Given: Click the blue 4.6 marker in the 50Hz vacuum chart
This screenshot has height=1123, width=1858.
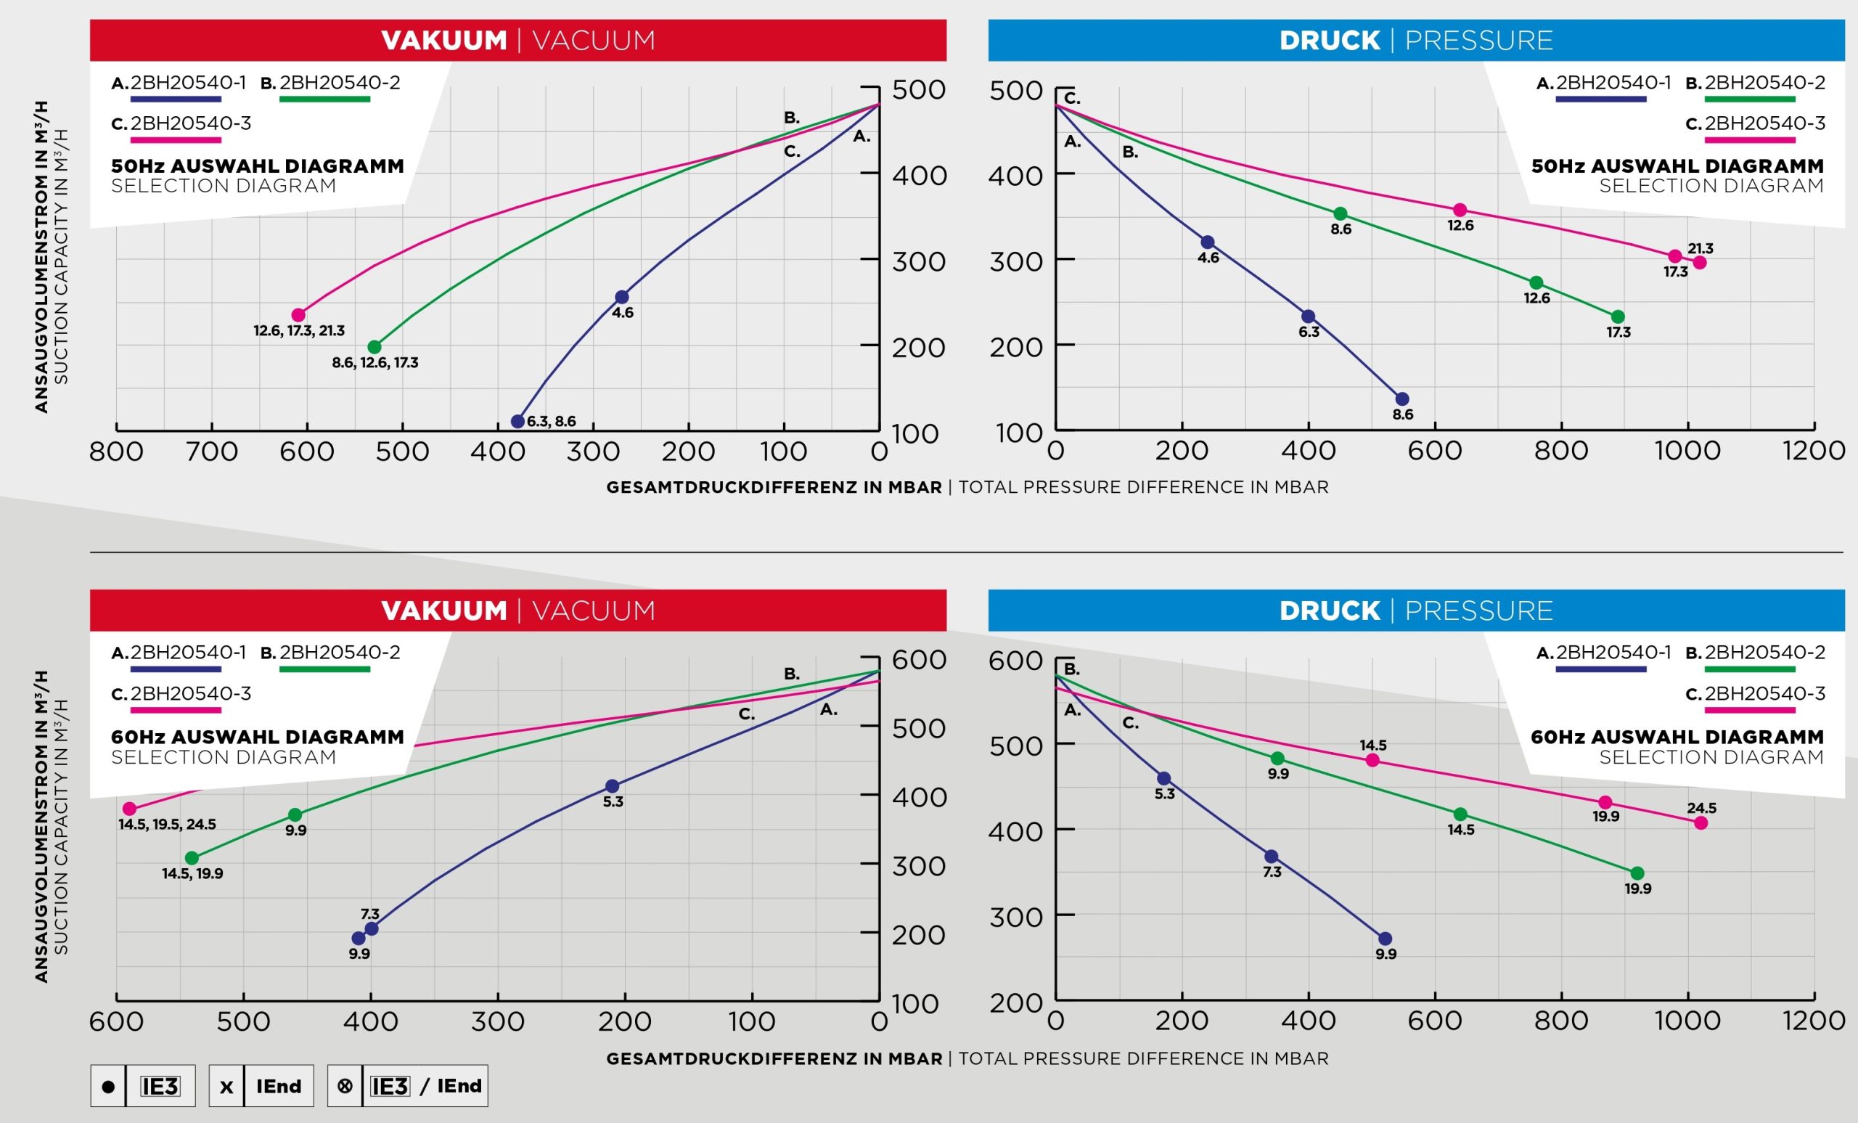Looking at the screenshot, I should [x=621, y=297].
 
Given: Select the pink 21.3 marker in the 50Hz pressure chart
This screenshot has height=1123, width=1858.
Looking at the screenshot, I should [x=1699, y=263].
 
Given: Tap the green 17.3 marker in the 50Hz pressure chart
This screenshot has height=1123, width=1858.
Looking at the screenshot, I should [x=1618, y=317].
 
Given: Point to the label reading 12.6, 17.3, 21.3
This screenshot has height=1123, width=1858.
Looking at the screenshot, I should [x=298, y=330].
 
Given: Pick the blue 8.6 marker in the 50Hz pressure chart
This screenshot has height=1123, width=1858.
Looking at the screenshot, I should [x=1401, y=399].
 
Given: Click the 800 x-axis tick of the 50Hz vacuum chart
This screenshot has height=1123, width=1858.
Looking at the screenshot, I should [x=116, y=452].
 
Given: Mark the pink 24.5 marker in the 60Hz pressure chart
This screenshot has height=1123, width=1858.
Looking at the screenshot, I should [x=1701, y=822].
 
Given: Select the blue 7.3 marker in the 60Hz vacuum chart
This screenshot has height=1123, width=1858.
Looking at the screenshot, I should [x=371, y=928].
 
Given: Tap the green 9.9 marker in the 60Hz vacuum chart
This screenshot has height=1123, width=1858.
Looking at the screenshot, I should [x=295, y=814].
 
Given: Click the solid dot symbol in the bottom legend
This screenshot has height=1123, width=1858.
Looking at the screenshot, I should [x=108, y=1087].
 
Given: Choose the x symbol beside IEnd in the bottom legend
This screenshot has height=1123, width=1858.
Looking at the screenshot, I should [x=226, y=1087].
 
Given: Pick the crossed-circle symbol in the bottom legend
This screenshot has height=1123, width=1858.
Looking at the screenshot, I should [x=345, y=1086].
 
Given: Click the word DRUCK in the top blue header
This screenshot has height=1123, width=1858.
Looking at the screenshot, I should [x=1330, y=40].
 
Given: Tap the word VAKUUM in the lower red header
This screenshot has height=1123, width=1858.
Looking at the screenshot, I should [x=443, y=610].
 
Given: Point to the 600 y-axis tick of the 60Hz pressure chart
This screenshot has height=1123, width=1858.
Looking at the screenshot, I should [x=1015, y=661].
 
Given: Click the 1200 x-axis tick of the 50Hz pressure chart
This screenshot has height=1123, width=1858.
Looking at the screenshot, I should [x=1814, y=451].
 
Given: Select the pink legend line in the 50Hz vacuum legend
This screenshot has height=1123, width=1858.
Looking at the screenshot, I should [x=175, y=140].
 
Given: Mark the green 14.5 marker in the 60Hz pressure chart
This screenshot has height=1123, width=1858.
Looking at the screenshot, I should [x=1460, y=814].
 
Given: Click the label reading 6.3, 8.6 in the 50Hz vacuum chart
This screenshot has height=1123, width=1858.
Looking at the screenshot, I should [x=550, y=421].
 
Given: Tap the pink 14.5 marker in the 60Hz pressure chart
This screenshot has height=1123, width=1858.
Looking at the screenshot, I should [x=1372, y=760].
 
